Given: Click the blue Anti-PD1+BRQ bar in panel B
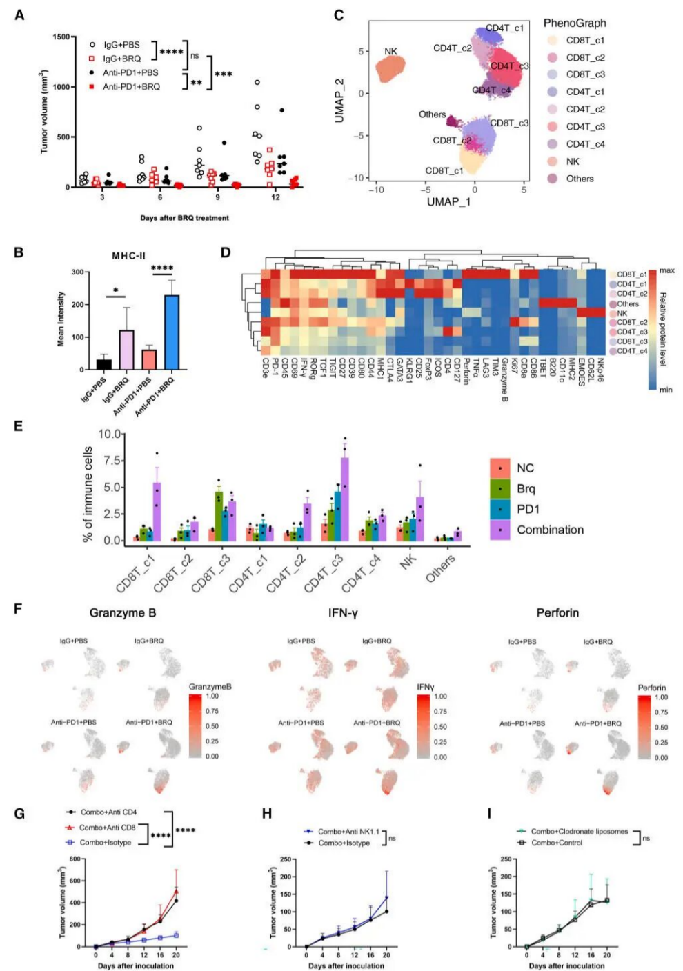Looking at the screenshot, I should point(172,332).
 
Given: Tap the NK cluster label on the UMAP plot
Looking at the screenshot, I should point(390,52).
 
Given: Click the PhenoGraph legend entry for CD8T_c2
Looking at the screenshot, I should point(584,58).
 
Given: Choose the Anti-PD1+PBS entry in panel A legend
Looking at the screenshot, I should point(130,72).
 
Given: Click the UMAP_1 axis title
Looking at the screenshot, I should point(448,201).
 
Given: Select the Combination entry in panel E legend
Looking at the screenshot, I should point(550,530).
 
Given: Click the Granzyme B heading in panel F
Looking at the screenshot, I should point(123,612).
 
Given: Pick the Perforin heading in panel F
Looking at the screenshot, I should point(557,612).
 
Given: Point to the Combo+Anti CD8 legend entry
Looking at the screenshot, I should point(107,828).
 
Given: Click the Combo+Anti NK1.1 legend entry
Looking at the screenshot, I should point(348,832).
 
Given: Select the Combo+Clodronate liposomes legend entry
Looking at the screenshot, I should point(579,832).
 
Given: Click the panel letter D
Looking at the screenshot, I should point(226,252).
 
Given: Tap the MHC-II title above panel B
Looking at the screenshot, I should point(128,256).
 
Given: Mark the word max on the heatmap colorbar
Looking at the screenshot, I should point(666,270).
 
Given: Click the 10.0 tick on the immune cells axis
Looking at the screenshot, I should point(110,434).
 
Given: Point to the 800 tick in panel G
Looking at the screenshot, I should point(75,859).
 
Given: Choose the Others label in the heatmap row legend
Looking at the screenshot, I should point(627,303).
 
